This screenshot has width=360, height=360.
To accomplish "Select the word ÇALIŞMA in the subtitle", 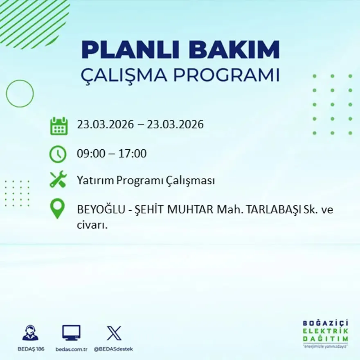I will (x=124, y=75).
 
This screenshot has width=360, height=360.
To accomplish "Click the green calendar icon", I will (x=59, y=126).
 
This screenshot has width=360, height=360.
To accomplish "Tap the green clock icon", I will (x=58, y=154).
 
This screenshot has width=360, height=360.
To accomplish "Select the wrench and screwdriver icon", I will (x=58, y=180).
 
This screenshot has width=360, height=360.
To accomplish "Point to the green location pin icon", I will (x=57, y=208).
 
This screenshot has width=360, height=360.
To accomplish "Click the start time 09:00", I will (x=90, y=154).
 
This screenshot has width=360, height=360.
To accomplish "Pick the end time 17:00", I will (x=133, y=154).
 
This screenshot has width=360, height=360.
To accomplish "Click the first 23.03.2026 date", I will (x=105, y=124).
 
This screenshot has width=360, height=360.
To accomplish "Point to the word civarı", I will (x=92, y=225).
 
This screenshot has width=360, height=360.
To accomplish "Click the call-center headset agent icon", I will (x=30, y=333).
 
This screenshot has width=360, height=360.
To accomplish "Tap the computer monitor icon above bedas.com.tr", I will (x=71, y=333).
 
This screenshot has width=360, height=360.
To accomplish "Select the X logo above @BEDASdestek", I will (x=114, y=333).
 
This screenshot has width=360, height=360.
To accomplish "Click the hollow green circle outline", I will (x=20, y=94).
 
